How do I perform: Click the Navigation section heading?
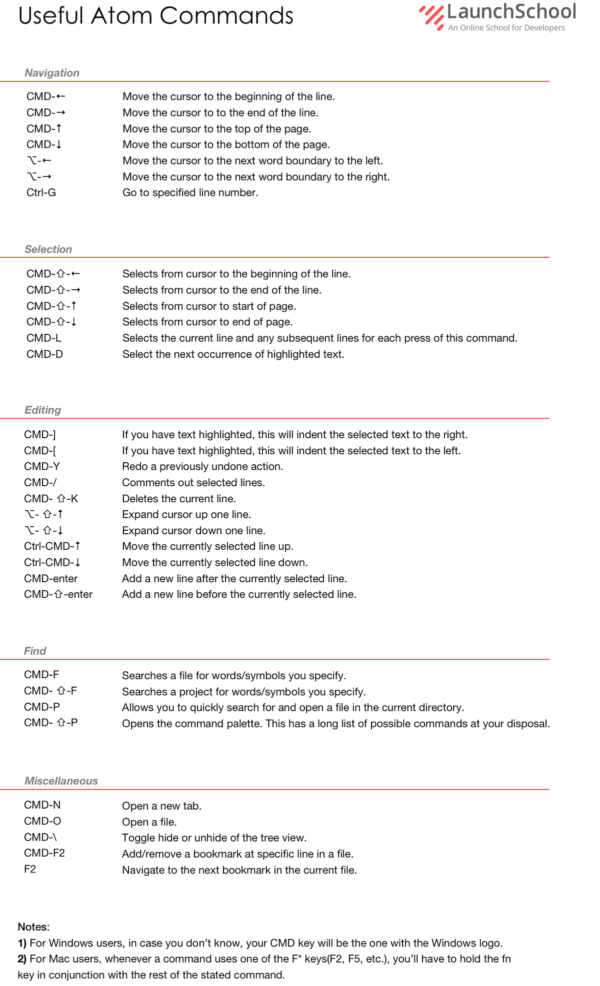click(52, 73)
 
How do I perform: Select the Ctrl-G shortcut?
click(41, 193)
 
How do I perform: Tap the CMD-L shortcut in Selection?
click(44, 338)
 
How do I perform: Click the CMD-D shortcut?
click(44, 354)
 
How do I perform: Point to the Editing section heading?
click(42, 410)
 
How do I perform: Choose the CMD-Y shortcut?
click(42, 467)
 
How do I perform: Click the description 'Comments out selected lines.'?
click(193, 483)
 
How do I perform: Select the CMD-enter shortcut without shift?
click(50, 579)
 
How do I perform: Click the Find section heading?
click(35, 651)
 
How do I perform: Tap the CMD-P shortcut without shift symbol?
click(42, 707)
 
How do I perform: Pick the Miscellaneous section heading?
click(61, 781)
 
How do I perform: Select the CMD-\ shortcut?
click(40, 837)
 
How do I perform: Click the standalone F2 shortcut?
click(30, 870)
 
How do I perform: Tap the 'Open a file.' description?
click(149, 822)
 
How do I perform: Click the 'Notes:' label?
click(33, 927)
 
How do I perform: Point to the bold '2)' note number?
click(22, 959)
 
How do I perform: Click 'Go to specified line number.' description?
click(190, 193)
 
